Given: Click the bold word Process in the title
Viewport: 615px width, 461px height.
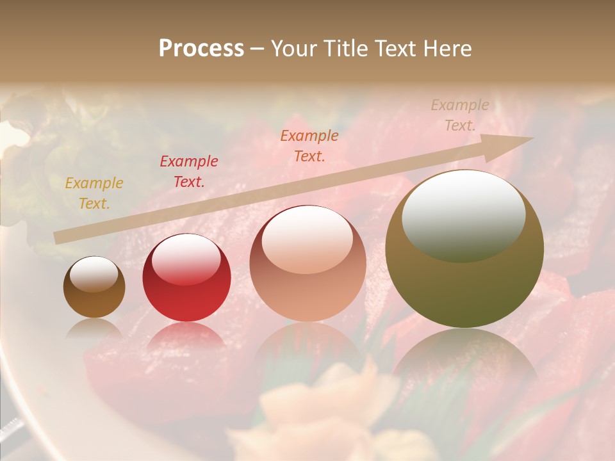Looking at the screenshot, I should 201,49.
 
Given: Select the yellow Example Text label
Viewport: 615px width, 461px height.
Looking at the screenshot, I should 94,193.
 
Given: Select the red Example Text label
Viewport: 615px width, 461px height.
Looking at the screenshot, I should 188,172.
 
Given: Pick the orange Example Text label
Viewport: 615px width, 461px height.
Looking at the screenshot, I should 309,145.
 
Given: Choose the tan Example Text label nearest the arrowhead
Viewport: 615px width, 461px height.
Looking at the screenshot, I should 459,115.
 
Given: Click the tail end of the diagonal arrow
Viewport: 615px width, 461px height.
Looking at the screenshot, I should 58,238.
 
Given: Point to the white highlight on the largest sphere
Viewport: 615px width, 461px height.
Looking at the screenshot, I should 463,214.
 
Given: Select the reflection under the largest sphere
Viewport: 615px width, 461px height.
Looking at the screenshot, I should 464,359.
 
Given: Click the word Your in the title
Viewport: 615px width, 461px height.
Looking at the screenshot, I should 291,49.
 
